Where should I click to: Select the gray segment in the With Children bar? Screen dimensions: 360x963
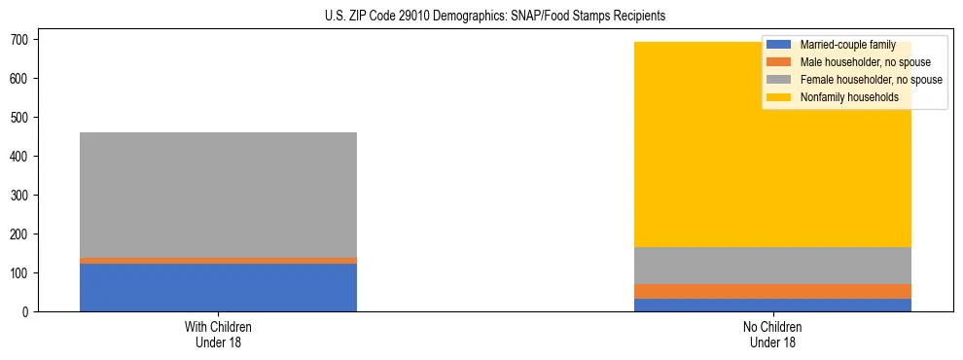click(x=218, y=195)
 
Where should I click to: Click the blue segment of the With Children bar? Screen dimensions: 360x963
click(x=218, y=287)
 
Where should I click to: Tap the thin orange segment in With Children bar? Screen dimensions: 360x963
click(x=218, y=261)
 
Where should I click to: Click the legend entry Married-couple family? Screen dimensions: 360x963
click(x=847, y=45)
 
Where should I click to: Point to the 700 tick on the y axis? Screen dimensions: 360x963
click(x=24, y=39)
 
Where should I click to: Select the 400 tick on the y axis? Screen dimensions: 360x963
click(x=24, y=156)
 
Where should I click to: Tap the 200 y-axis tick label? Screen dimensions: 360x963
click(x=24, y=234)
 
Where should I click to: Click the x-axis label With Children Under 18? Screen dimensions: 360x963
click(x=218, y=335)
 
